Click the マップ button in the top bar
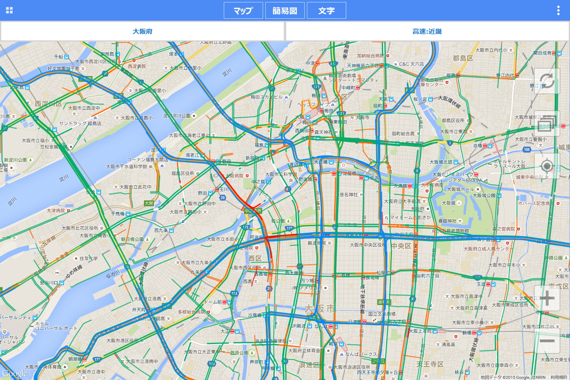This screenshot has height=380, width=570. (x=243, y=11)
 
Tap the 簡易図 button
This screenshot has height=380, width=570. (x=285, y=11)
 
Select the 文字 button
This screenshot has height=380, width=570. (x=326, y=11)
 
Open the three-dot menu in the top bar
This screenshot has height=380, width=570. (x=558, y=11)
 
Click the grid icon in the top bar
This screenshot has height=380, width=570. (x=9, y=11)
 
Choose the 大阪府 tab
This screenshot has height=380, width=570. (x=142, y=31)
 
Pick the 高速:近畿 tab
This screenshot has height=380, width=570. (x=427, y=31)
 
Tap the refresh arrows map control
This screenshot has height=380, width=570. (x=546, y=81)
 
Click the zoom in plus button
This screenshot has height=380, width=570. (x=547, y=298)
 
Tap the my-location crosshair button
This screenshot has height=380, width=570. (x=546, y=166)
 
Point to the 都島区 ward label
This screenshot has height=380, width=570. (x=463, y=58)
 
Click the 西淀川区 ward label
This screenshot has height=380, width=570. (x=48, y=104)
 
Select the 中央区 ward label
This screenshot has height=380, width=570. (x=401, y=245)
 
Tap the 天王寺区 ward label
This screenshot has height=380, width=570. (x=430, y=364)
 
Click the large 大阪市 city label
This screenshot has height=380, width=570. (x=320, y=308)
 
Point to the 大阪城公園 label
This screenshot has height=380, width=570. (x=484, y=196)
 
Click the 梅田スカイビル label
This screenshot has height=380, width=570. (x=267, y=97)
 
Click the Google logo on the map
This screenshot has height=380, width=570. (x=14, y=373)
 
